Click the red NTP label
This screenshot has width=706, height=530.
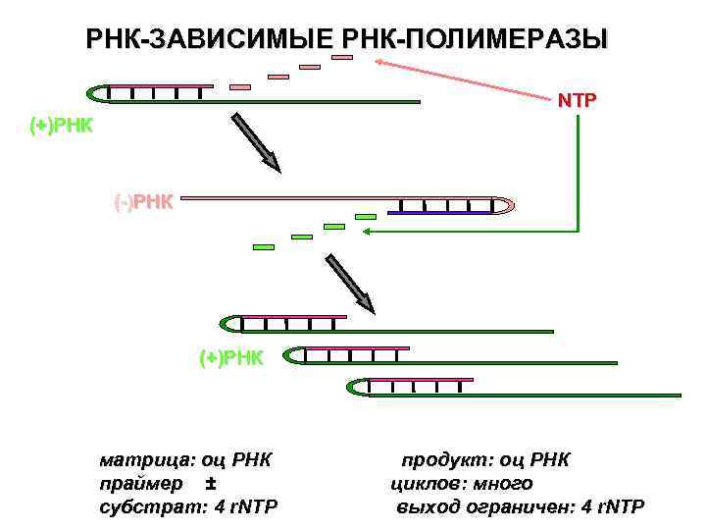click(x=578, y=100)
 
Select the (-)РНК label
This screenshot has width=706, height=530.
click(x=143, y=202)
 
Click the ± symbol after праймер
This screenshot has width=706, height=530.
click(x=212, y=484)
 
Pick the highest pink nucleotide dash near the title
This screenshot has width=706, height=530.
click(x=341, y=57)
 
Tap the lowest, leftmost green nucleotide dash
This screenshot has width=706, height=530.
click(x=264, y=247)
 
